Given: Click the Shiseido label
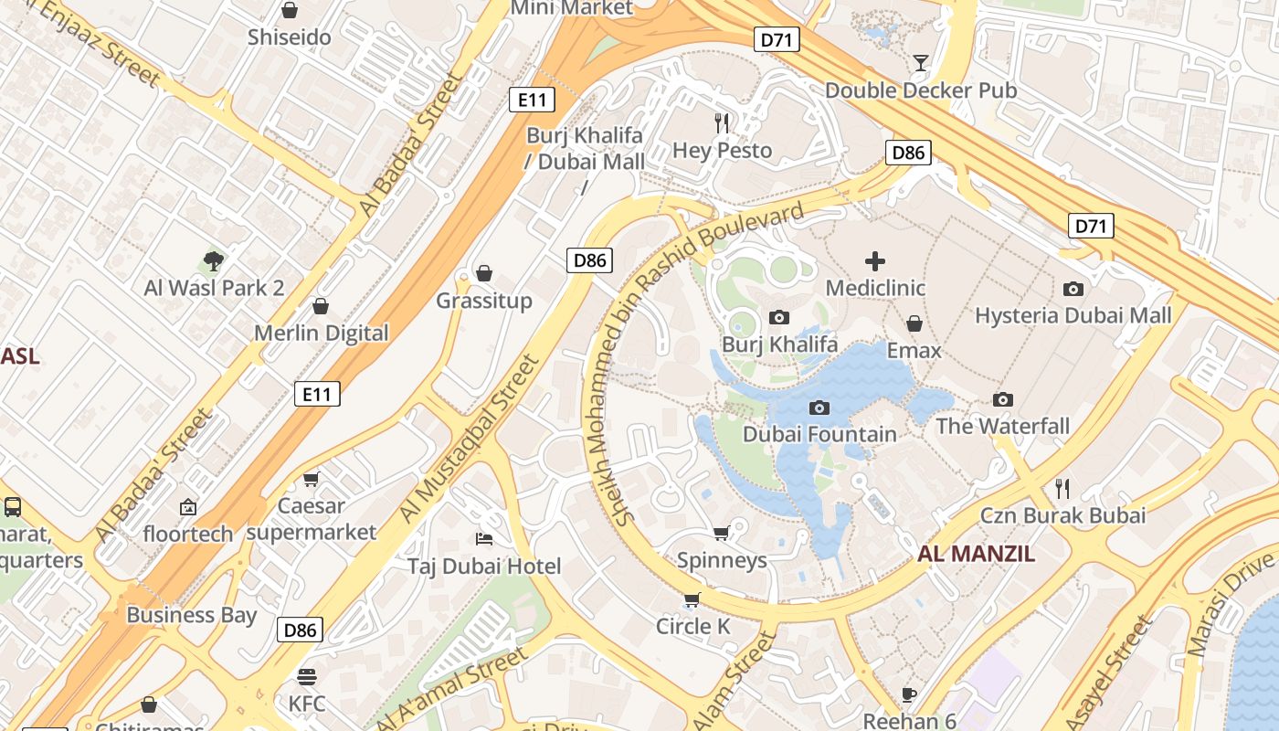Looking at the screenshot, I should [290, 38].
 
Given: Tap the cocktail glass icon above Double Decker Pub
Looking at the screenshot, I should [920, 63].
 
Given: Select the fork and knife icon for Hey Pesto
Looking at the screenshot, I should [723, 122].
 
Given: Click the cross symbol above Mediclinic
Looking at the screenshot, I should [875, 261].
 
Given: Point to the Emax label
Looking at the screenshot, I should [914, 351].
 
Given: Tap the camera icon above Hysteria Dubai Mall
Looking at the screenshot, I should [1073, 289].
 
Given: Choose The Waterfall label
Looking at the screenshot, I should [1002, 427].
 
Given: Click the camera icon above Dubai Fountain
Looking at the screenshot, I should [819, 408].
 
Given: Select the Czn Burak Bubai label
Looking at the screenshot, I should [1062, 515].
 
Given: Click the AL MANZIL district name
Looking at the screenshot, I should [977, 554].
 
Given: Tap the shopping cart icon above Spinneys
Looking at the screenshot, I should [722, 533].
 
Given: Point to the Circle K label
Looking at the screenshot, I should [692, 627].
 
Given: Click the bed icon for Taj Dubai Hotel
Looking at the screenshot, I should [484, 539].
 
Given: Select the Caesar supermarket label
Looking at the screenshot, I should [312, 519].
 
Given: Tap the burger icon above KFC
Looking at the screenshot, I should [306, 677].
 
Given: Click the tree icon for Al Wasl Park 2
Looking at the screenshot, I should [214, 261].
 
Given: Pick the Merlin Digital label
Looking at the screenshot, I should [321, 334].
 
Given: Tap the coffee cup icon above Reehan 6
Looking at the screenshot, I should [909, 694].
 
